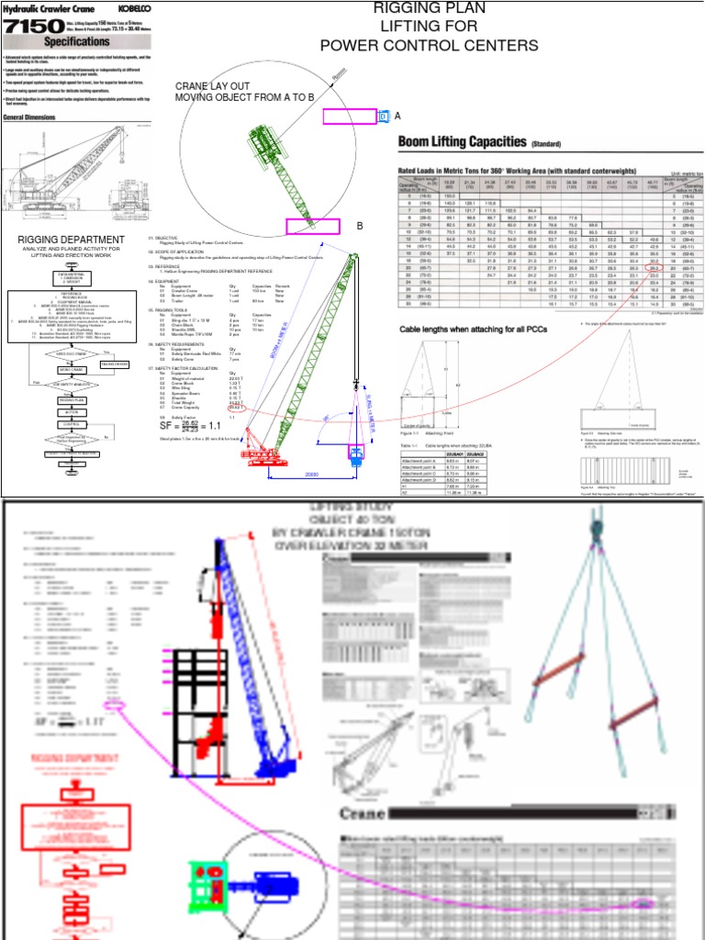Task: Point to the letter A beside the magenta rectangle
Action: [397, 116]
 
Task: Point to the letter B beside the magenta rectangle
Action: [360, 225]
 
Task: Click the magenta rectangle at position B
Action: [313, 226]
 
